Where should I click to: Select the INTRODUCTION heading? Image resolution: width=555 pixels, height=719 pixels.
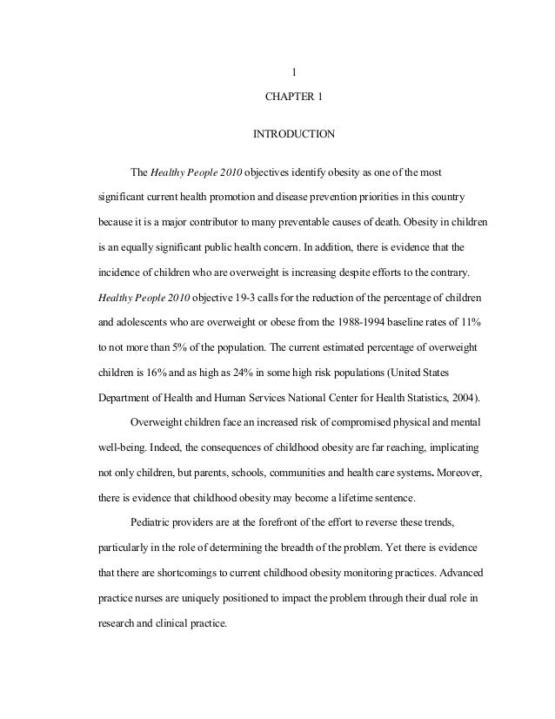[x=293, y=135]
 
